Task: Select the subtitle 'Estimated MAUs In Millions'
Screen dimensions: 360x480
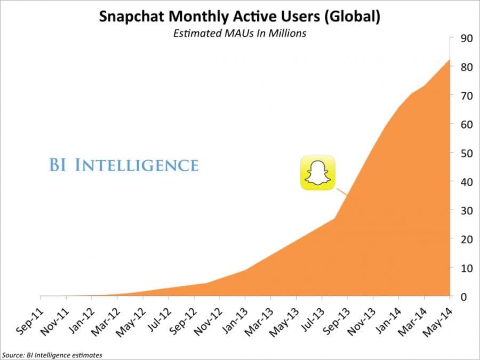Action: point(239,33)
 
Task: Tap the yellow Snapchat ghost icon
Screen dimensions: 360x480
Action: point(317,173)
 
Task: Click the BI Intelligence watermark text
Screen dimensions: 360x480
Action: point(123,165)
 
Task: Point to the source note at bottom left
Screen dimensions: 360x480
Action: point(52,354)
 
